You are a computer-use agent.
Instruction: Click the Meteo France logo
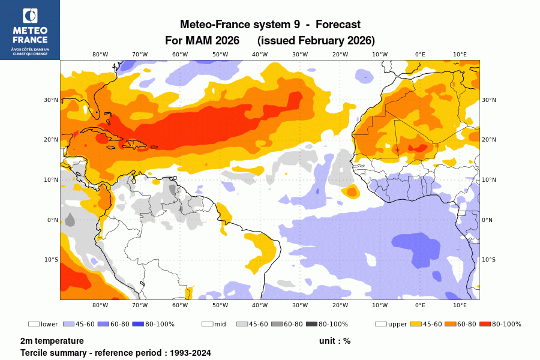click(29, 29)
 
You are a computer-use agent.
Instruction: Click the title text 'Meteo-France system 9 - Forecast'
click(270, 25)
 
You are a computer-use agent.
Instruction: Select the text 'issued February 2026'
click(316, 41)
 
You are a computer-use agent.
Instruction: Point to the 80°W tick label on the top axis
click(100, 54)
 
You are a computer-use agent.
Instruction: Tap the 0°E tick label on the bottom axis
click(420, 305)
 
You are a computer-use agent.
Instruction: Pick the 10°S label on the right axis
click(488, 260)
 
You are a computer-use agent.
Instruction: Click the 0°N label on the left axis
click(52, 220)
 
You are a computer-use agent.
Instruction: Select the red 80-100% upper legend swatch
click(485, 324)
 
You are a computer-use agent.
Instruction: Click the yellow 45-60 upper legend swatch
click(415, 324)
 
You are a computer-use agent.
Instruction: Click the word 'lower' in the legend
click(49, 324)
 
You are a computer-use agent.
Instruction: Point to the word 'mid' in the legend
click(220, 324)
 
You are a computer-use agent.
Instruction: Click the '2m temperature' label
click(52, 341)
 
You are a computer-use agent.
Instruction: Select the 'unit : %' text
click(335, 341)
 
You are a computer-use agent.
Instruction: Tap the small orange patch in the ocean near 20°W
click(351, 192)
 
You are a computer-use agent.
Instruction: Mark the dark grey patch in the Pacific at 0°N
click(70, 220)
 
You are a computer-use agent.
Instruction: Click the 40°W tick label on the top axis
click(260, 54)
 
